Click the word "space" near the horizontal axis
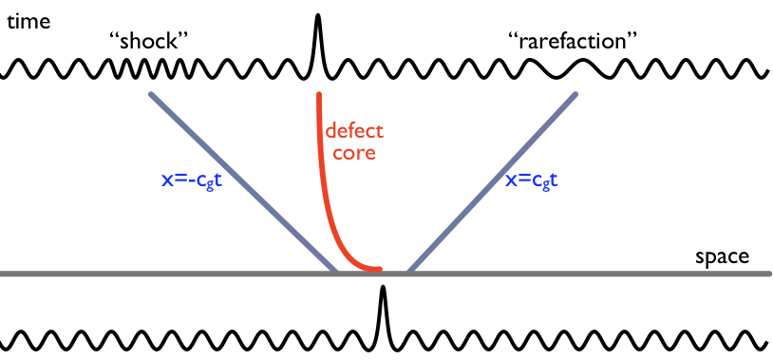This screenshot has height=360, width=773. [x=722, y=257]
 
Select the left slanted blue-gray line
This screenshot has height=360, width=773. [x=242, y=181]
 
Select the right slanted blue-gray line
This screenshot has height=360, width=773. [x=494, y=181]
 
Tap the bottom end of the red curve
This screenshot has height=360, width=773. [x=380, y=270]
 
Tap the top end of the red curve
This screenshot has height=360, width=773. [x=318, y=94]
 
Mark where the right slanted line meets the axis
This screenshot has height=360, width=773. [x=409, y=273]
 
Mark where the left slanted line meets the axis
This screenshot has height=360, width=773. [x=335, y=273]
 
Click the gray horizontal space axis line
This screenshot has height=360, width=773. [x=570, y=274]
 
